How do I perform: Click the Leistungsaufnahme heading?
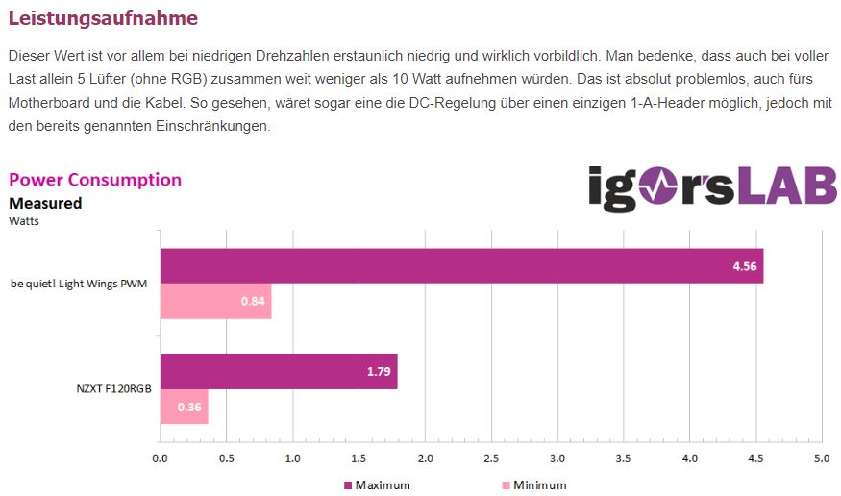point(103,17)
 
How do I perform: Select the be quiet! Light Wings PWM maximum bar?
point(461,266)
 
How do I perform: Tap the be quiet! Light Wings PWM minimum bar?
point(215,302)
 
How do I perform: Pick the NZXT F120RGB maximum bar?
point(279,371)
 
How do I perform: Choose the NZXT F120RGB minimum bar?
point(184,407)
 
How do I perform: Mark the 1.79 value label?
point(378,371)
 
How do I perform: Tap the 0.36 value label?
point(188,407)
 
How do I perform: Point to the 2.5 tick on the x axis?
point(491,459)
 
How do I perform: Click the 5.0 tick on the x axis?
point(821,459)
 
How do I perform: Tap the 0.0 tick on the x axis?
point(161,459)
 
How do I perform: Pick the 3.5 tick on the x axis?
point(623,459)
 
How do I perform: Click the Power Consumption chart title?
point(94,180)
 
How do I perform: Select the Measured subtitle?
point(45,203)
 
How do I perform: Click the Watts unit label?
point(24,221)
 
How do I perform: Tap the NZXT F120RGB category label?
point(113,389)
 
